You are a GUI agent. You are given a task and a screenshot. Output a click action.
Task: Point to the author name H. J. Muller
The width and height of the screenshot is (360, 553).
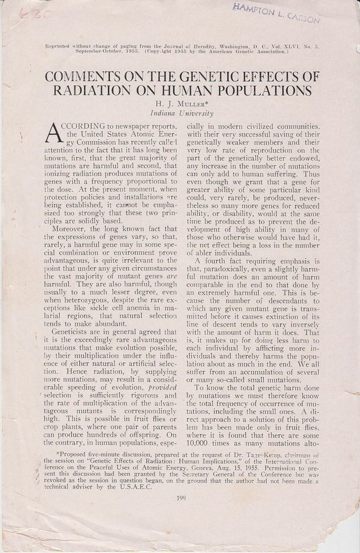(x=180, y=104)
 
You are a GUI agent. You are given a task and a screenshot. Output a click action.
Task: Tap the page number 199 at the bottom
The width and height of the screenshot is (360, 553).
(x=180, y=497)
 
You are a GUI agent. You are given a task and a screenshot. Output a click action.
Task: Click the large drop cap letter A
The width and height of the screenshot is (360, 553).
(x=56, y=132)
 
